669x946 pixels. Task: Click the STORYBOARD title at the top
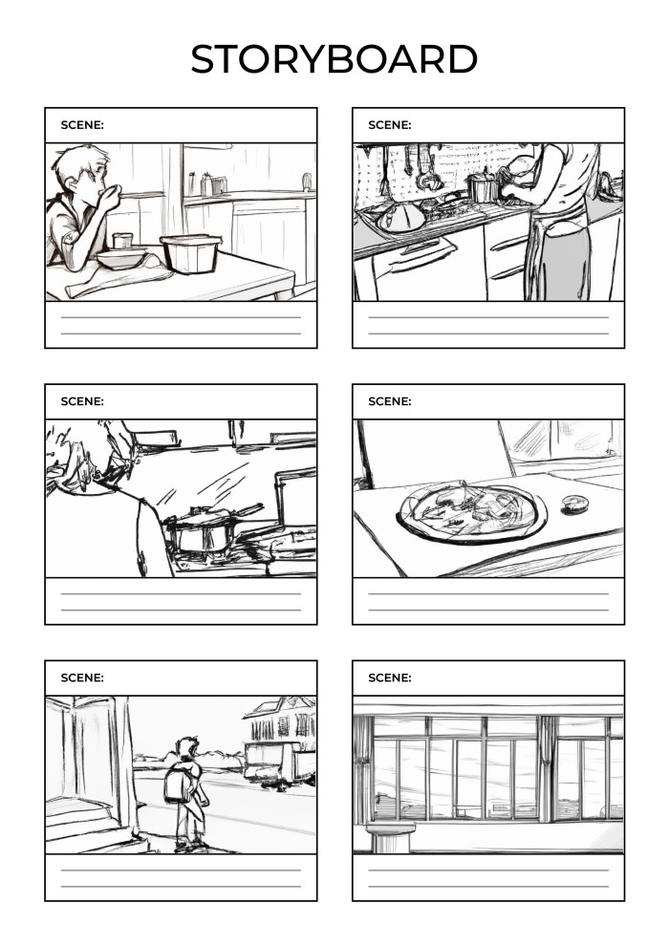(x=334, y=59)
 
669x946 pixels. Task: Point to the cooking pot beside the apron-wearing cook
(x=485, y=188)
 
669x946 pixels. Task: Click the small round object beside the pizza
(x=573, y=504)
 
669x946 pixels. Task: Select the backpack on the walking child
(x=177, y=784)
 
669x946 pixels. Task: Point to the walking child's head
(x=187, y=747)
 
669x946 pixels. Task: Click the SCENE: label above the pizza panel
(x=390, y=401)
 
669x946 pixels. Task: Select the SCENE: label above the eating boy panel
(x=82, y=125)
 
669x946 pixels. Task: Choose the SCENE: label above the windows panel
(x=390, y=677)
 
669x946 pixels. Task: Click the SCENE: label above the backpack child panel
(x=82, y=677)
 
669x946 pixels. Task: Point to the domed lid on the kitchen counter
(x=402, y=217)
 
